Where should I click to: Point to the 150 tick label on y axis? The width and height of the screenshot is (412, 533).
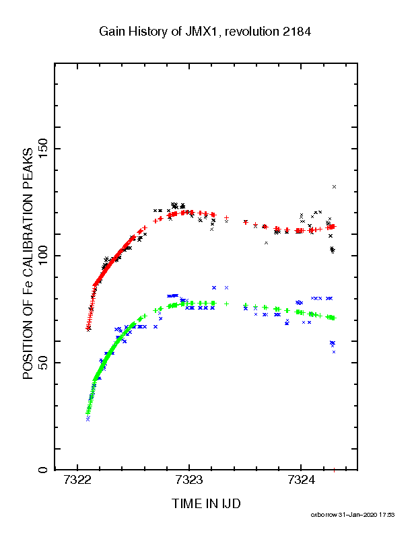pyautogui.click(x=43, y=149)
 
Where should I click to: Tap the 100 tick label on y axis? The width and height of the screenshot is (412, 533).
pyautogui.click(x=43, y=256)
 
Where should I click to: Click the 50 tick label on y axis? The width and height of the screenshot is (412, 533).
pyautogui.click(x=43, y=363)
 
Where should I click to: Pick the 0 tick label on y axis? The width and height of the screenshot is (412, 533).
pyautogui.click(x=43, y=470)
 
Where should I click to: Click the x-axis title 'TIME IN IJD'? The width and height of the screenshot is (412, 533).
pyautogui.click(x=206, y=504)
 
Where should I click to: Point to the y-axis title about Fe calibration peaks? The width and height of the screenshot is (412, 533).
pyautogui.click(x=28, y=263)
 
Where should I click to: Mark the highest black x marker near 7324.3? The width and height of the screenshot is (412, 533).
pyautogui.click(x=334, y=186)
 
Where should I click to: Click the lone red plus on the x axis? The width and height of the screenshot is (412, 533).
pyautogui.click(x=334, y=470)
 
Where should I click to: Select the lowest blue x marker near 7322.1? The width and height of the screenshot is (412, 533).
pyautogui.click(x=88, y=420)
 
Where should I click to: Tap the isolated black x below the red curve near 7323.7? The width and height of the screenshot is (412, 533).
pyautogui.click(x=266, y=243)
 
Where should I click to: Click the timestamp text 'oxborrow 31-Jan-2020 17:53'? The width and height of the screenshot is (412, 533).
pyautogui.click(x=353, y=515)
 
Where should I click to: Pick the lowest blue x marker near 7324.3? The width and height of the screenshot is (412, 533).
pyautogui.click(x=334, y=352)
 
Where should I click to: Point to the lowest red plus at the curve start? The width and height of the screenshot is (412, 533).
pyautogui.click(x=88, y=328)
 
